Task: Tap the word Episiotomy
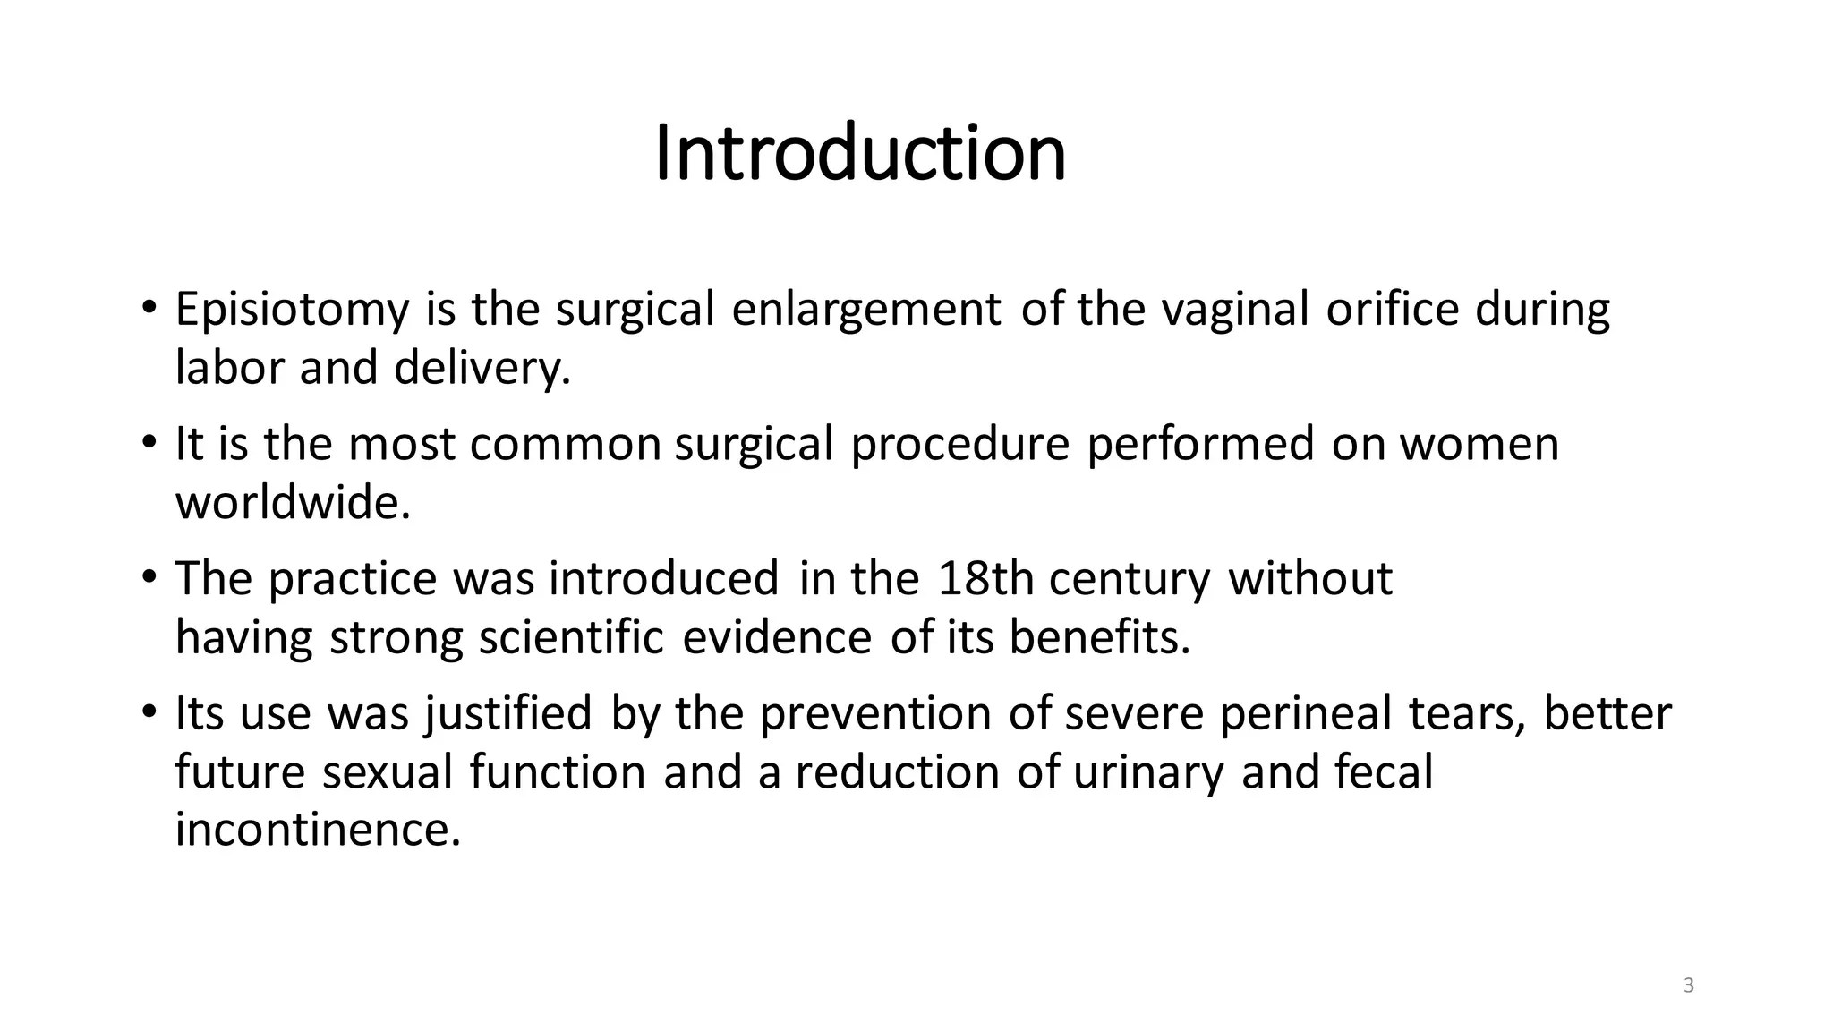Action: (292, 310)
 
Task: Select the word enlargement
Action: (865, 310)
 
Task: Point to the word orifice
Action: (1392, 310)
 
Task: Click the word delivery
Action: (482, 368)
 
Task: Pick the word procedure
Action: (959, 445)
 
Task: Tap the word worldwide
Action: (293, 503)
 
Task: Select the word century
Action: (1130, 579)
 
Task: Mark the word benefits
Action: (1100, 638)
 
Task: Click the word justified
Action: (507, 714)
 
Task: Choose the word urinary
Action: (1148, 772)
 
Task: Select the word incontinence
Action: (318, 830)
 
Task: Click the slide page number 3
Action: (1689, 986)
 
